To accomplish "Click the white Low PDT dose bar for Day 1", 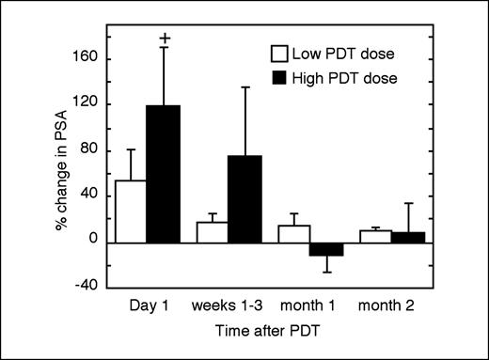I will (x=130, y=211).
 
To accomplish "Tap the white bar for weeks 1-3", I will (x=213, y=232).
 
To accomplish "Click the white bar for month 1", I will (x=294, y=234).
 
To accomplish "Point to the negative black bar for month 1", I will (x=326, y=249).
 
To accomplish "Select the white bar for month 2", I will (x=376, y=236).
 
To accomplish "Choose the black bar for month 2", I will (x=408, y=237).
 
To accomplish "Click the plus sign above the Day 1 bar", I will (x=166, y=39).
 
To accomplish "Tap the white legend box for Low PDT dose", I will (x=278, y=53).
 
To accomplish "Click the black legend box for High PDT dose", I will (x=278, y=77).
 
